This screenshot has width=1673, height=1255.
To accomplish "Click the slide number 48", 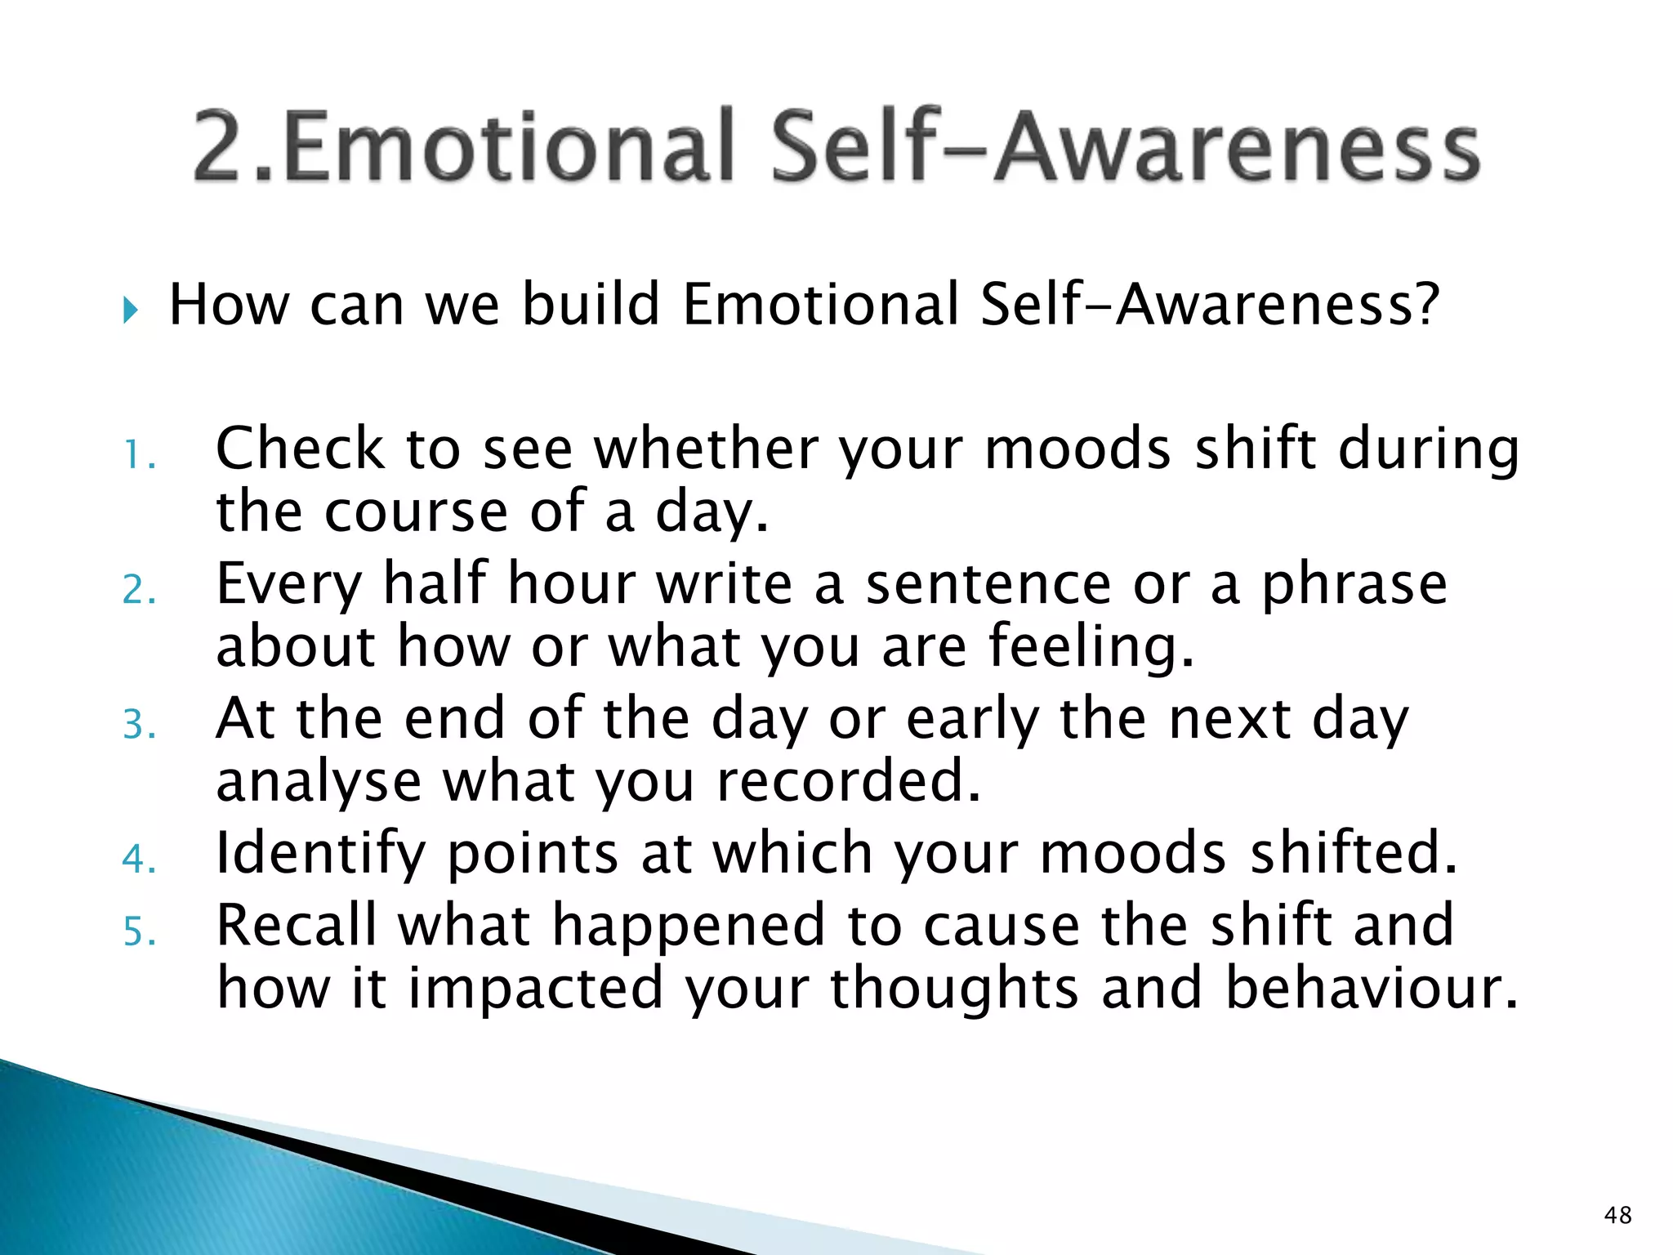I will click(x=1617, y=1215).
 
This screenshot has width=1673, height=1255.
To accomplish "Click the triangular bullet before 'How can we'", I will click(x=130, y=310).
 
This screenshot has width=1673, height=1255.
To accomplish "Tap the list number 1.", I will click(x=137, y=456).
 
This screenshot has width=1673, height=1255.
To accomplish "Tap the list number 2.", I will click(x=138, y=590).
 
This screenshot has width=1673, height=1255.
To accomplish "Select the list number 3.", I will click(x=138, y=725).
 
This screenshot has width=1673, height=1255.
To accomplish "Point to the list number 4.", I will click(x=138, y=860).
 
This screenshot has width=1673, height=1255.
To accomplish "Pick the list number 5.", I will click(x=138, y=931).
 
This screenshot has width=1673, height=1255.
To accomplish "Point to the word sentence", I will click(x=988, y=585).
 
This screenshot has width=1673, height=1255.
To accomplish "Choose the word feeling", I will click(x=1091, y=647).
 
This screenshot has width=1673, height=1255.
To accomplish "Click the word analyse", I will click(x=319, y=783).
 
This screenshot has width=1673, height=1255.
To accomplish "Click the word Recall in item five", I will click(x=297, y=925).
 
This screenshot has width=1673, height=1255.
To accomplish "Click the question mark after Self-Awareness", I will click(x=1423, y=304).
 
